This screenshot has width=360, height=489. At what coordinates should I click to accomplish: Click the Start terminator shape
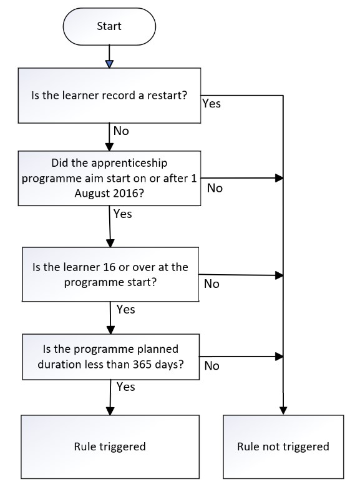[109, 26]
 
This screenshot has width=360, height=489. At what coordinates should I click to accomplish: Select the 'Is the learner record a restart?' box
[109, 96]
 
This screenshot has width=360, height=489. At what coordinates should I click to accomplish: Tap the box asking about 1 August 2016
[109, 179]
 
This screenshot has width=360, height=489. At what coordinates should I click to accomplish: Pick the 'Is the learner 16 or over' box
[110, 274]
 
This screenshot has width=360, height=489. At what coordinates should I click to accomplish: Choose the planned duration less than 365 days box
[110, 357]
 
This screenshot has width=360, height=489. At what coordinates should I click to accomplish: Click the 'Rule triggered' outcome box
[110, 447]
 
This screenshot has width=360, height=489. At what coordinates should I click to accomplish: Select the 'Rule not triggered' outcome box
[283, 447]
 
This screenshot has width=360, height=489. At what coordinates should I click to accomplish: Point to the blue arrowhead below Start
[109, 64]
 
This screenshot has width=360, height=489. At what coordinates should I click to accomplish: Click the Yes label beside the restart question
[212, 104]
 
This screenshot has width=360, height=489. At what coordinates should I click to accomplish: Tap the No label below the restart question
[121, 131]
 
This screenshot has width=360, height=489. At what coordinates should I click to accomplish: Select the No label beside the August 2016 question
[215, 188]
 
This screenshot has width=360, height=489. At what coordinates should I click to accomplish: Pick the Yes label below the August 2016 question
[122, 214]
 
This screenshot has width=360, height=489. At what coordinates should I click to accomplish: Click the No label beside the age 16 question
[212, 284]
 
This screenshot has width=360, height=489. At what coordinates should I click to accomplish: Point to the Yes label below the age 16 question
[125, 309]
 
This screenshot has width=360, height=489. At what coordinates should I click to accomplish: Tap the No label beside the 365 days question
[212, 365]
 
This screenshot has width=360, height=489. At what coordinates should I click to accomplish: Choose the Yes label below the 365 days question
[125, 387]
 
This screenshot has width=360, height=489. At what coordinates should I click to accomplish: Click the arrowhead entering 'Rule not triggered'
[283, 411]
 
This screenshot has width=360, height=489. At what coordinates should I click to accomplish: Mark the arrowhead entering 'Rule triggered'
[110, 411]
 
